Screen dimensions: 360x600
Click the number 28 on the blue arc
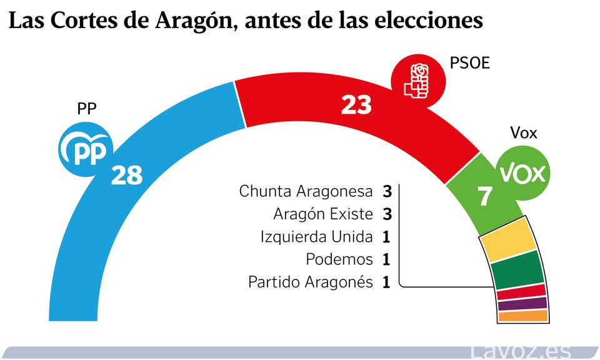pos(127,176)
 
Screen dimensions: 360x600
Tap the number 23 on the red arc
pos(356,104)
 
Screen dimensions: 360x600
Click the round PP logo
pos(85,149)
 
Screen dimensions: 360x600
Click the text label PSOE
pos(469,64)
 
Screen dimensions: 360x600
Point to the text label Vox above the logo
pos(523,133)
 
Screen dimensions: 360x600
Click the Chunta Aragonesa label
pos(306,191)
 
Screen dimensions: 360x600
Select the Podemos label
pos(339,259)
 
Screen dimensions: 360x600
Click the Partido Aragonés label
pos(311,282)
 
